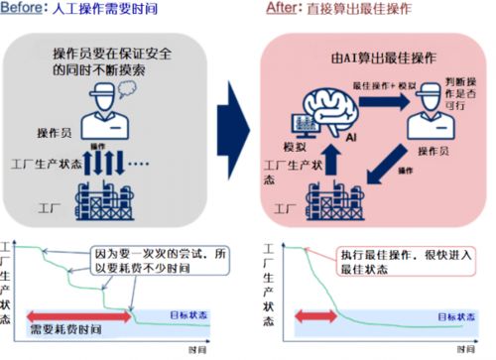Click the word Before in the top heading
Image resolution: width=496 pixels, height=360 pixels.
[21, 8]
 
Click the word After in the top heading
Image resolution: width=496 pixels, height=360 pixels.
[282, 8]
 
